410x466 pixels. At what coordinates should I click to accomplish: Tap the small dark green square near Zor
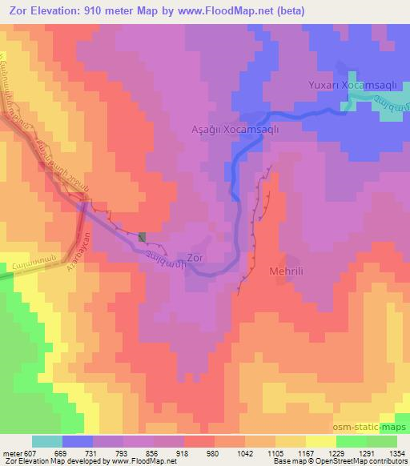coord(143,236)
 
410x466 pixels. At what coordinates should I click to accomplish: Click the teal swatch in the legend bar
coord(46,441)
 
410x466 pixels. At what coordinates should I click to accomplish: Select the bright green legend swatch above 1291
coord(351,441)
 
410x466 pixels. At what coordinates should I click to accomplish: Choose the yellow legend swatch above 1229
coord(320,441)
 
